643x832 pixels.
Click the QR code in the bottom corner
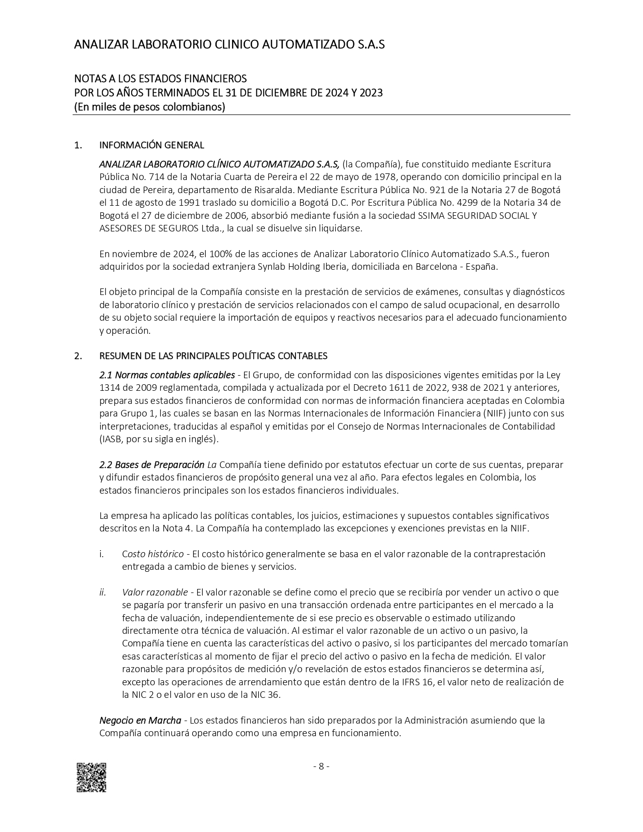[x=91, y=777]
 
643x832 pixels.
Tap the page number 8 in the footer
[x=321, y=766]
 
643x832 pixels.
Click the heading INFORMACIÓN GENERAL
[x=151, y=145]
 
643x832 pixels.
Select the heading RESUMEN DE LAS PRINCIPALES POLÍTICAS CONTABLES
[x=213, y=356]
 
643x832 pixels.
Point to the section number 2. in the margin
[x=78, y=356]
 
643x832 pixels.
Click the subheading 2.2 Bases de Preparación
[x=151, y=464]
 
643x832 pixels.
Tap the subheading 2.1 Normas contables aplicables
[x=166, y=375]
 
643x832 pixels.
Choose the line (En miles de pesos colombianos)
[x=149, y=107]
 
